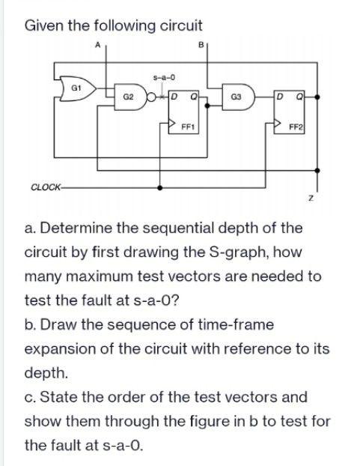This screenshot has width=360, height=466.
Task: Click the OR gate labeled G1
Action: (78, 88)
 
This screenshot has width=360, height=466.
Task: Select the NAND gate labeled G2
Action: (130, 97)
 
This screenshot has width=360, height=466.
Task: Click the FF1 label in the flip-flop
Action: (188, 127)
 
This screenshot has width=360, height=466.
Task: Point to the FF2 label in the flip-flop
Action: (296, 127)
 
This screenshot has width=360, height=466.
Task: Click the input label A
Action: (97, 45)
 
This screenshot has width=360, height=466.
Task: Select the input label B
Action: (201, 45)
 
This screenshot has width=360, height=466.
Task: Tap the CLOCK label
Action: (46, 187)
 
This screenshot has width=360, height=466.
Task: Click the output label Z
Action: (311, 198)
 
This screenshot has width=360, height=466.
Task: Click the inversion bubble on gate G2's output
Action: (151, 97)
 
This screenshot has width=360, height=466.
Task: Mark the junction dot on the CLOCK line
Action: (160, 187)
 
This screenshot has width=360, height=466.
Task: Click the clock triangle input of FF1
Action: (172, 122)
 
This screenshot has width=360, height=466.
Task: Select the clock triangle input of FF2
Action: (277, 123)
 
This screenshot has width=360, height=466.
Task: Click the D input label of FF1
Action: (174, 97)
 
